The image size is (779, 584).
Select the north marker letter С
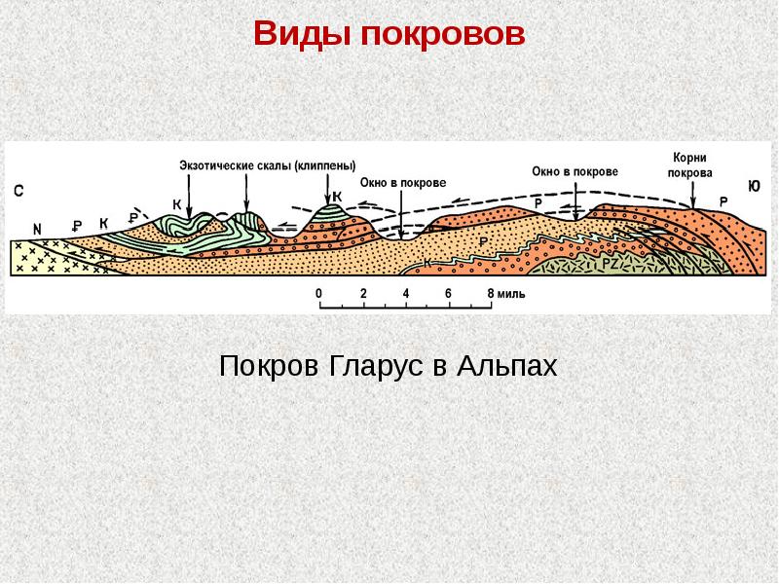(19, 191)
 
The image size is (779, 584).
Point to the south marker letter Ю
(753, 186)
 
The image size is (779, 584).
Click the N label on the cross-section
(37, 230)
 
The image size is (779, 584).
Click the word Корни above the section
(689, 158)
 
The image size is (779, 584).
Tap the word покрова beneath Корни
(690, 173)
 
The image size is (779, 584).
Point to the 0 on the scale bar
(318, 293)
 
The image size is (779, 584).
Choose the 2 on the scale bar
(363, 293)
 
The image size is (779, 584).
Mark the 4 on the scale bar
(406, 293)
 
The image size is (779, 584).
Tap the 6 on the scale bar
(448, 293)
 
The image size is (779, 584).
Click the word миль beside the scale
(511, 294)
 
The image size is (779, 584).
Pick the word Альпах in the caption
(507, 366)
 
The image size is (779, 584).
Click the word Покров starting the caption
(269, 366)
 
